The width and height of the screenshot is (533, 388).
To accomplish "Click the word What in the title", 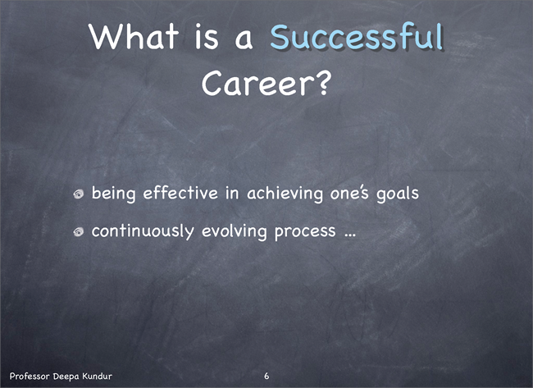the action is (134, 36).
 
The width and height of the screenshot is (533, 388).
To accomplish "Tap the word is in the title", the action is (207, 37).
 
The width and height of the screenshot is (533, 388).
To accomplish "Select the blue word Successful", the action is (357, 36).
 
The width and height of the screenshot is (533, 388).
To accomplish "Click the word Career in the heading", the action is (257, 84).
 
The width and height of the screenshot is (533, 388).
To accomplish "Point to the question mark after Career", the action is (322, 83).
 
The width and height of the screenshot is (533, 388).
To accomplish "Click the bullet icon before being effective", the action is (79, 194).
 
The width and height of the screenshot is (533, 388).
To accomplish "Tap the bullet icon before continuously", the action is (79, 232).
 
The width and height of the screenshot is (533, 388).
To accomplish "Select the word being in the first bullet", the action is (113, 194).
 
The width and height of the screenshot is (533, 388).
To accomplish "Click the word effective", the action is (180, 193).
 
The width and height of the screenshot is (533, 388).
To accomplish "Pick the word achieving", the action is (285, 194).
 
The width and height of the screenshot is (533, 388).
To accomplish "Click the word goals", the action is (398, 194).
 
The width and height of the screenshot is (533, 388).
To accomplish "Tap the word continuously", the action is (143, 231).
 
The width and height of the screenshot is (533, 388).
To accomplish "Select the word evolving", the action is (235, 232).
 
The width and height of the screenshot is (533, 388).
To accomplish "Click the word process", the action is (305, 233).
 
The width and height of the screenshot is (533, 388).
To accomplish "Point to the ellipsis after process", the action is (350, 235).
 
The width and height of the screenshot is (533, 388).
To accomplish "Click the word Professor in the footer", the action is (30, 376).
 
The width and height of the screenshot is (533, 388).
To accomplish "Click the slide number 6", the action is (266, 376).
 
